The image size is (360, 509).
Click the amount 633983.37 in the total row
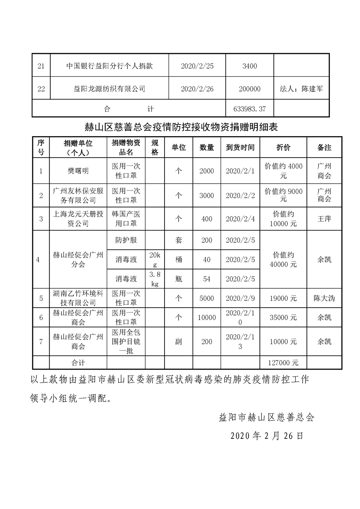coord(249,109)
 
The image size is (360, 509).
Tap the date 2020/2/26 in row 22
coord(197,89)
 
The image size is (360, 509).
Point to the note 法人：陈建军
coord(301,89)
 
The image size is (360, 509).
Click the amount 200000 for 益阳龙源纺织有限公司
coord(249,89)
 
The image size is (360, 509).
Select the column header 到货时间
coord(240,147)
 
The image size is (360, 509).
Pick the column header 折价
coord(283,147)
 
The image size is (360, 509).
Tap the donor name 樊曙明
coord(78,171)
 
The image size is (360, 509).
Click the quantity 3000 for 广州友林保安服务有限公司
coord(207,196)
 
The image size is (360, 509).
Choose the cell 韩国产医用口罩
coord(126,219)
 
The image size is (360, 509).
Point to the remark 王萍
coord(324,219)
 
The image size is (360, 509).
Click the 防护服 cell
coord(126,240)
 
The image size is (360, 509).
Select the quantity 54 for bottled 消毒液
coord(207,279)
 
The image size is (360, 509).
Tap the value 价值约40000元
coord(283,259)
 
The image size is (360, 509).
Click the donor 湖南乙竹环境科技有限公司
coord(78,298)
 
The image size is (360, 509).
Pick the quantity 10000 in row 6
coord(207,317)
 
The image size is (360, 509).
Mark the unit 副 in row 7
coord(179,342)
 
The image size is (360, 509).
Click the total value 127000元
coord(283,363)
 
